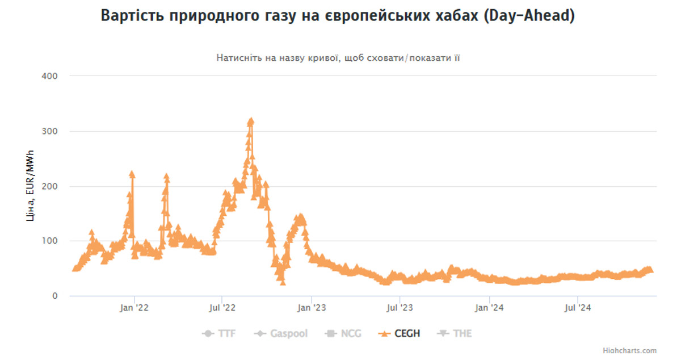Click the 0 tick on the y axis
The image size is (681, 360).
click(x=55, y=296)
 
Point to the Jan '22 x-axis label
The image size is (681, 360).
click(x=134, y=308)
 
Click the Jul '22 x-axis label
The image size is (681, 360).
click(x=222, y=308)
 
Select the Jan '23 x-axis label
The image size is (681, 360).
click(x=312, y=308)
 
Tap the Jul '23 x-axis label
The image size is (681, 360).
click(x=400, y=308)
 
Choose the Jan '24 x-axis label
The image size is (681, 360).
click(x=489, y=308)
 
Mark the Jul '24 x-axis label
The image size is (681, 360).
click(x=577, y=308)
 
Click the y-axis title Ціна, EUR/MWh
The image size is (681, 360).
click(x=30, y=185)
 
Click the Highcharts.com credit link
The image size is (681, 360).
click(x=630, y=351)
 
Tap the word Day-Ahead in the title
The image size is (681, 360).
click(x=528, y=16)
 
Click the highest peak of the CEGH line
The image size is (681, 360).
click(x=251, y=120)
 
